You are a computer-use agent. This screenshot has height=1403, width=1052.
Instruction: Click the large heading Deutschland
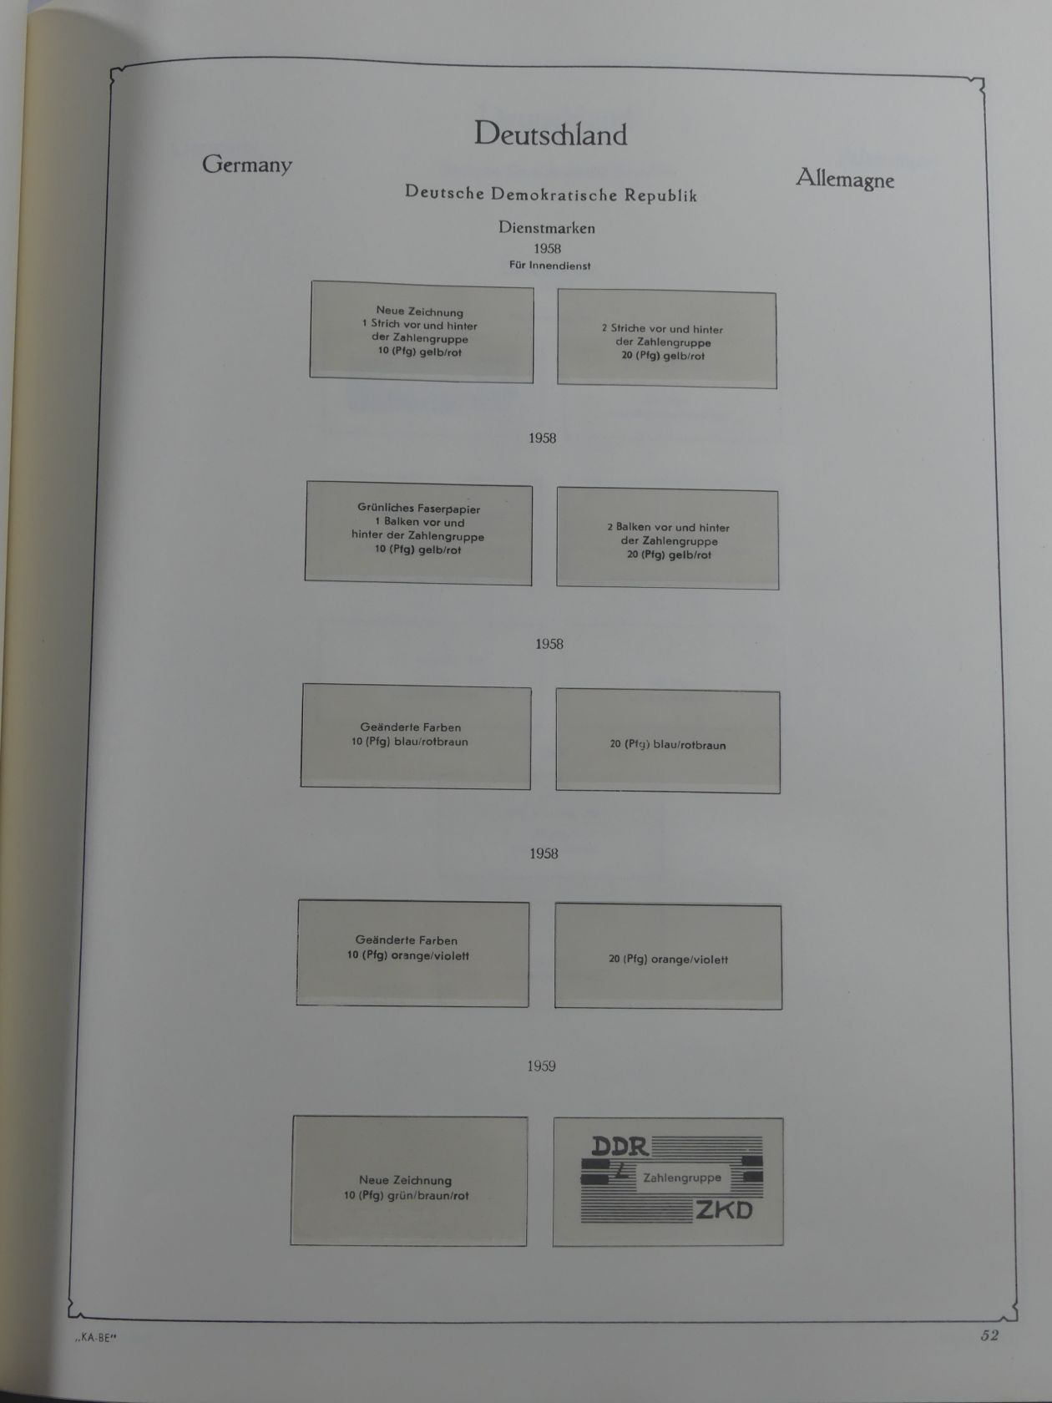pos(550,134)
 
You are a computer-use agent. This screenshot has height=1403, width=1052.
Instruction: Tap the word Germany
pos(246,165)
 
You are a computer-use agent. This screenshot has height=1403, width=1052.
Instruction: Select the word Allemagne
pos(844,179)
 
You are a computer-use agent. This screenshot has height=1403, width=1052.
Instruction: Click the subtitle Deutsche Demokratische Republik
pos(550,194)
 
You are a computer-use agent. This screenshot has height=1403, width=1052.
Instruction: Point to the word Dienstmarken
pos(547,227)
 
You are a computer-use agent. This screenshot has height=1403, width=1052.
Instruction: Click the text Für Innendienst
pos(549,266)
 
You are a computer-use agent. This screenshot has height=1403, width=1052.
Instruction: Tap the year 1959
pos(541,1066)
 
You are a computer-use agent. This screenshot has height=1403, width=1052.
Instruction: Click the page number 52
pos(989,1335)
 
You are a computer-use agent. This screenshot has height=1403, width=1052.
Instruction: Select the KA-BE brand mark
pos(96,1337)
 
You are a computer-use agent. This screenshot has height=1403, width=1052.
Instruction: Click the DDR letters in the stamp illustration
pos(620,1147)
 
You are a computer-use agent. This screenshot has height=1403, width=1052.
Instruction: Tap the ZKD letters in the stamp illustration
pos(724,1210)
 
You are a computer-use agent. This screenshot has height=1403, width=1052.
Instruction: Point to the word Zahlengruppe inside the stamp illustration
pos(682,1178)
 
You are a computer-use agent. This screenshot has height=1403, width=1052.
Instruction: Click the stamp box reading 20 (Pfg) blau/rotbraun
pos(667,742)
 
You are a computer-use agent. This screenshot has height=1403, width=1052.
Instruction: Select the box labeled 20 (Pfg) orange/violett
pos(668,956)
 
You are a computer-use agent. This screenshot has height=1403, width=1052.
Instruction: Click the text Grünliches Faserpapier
pos(418,509)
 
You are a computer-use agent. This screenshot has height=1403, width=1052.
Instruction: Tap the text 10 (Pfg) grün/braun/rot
pos(407,1195)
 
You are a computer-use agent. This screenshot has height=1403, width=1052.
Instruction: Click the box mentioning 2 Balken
pos(667,540)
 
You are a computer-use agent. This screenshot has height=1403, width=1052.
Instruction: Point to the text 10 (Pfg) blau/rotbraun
pos(409,742)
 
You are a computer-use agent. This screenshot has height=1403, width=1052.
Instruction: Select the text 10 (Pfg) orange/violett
pos(408,955)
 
